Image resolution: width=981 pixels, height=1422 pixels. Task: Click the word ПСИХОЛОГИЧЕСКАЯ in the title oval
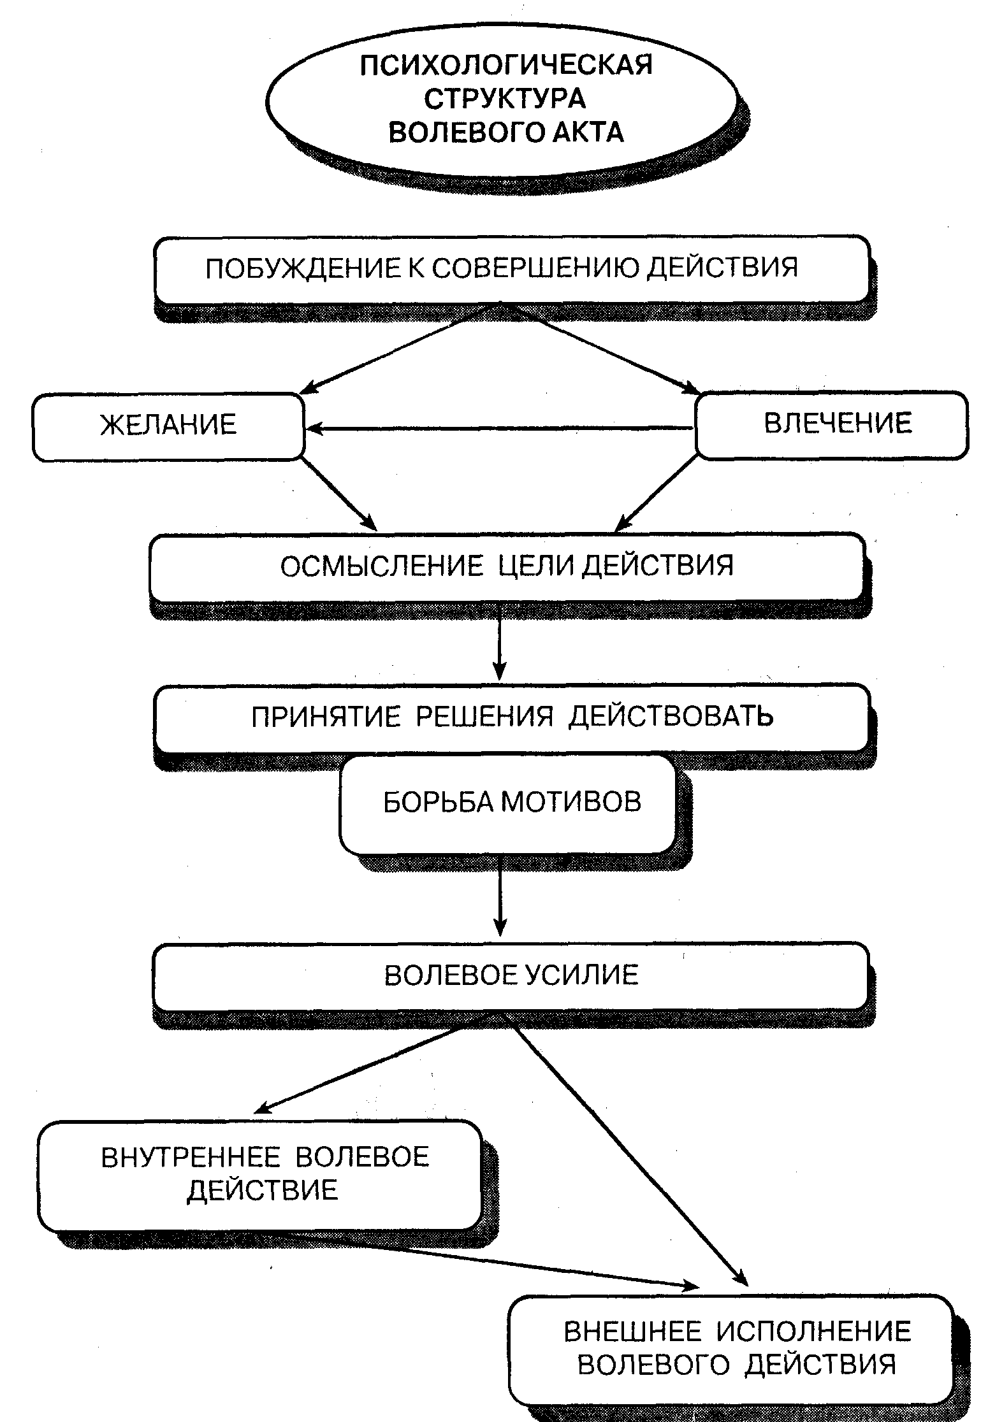pyautogui.click(x=506, y=65)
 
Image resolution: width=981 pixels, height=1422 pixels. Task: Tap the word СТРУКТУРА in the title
pyautogui.click(x=505, y=99)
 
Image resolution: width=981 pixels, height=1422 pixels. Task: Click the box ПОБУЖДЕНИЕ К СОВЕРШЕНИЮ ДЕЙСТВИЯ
pyautogui.click(x=512, y=269)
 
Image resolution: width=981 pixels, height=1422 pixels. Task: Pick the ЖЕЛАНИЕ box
pyautogui.click(x=168, y=426)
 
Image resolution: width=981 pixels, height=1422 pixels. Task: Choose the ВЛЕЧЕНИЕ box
pyautogui.click(x=832, y=424)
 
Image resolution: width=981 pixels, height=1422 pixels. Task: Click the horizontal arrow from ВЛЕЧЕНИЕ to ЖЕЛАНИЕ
pyautogui.click(x=500, y=429)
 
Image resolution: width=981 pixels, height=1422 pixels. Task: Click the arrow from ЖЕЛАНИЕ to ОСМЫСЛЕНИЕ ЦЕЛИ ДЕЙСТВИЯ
pyautogui.click(x=340, y=494)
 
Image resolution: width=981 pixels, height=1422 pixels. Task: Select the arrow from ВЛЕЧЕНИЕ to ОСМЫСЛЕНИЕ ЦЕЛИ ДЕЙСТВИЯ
pyautogui.click(x=656, y=494)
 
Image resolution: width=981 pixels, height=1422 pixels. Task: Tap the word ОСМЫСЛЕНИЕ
pyautogui.click(x=382, y=566)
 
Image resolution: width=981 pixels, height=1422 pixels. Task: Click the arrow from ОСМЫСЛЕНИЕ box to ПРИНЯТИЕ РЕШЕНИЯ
pyautogui.click(x=500, y=642)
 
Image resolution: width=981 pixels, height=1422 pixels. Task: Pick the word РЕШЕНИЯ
pyautogui.click(x=485, y=717)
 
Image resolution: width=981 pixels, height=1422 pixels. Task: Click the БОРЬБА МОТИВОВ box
pyautogui.click(x=507, y=804)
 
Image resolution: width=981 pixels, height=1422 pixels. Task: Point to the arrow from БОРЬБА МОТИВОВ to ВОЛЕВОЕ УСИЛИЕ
pyautogui.click(x=500, y=895)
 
